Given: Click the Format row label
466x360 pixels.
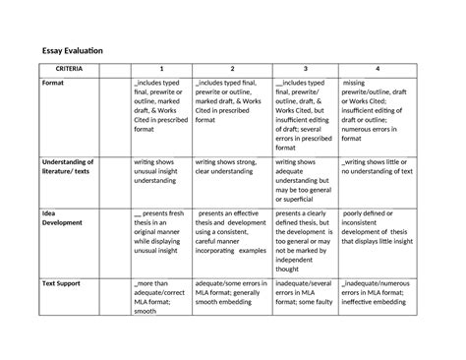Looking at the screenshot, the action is click(x=54, y=86).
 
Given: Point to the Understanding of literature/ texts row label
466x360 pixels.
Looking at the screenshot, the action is click(x=68, y=166).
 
